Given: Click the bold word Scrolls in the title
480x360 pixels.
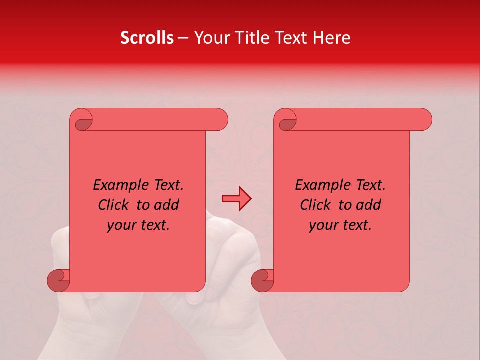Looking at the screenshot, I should click(147, 38).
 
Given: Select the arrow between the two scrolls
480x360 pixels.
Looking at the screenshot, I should click(236, 199).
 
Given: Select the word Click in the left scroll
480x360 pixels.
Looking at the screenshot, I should click(113, 205).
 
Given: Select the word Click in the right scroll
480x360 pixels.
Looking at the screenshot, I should click(315, 205).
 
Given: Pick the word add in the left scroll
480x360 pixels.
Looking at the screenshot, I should click(167, 205).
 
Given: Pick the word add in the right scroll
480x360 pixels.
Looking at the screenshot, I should click(369, 205).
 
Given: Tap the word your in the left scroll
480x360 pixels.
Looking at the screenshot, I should click(122, 226).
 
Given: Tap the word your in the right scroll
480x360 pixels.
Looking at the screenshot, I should click(324, 226).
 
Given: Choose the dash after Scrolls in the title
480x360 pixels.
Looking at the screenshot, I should click(183, 38).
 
